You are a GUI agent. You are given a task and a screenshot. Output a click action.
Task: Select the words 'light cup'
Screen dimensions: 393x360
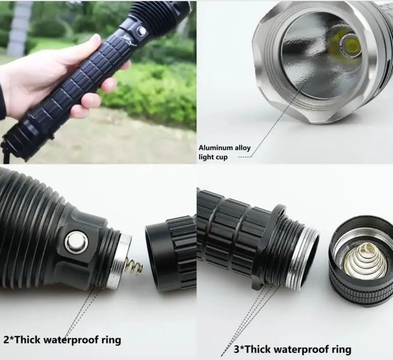[213, 157]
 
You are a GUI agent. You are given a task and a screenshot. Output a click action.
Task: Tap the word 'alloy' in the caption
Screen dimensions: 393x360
[243, 148]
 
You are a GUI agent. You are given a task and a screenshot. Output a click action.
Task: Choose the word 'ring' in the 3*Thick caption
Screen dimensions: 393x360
[341, 350]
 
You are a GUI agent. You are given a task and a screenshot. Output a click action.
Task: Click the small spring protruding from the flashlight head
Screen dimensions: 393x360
[134, 266]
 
